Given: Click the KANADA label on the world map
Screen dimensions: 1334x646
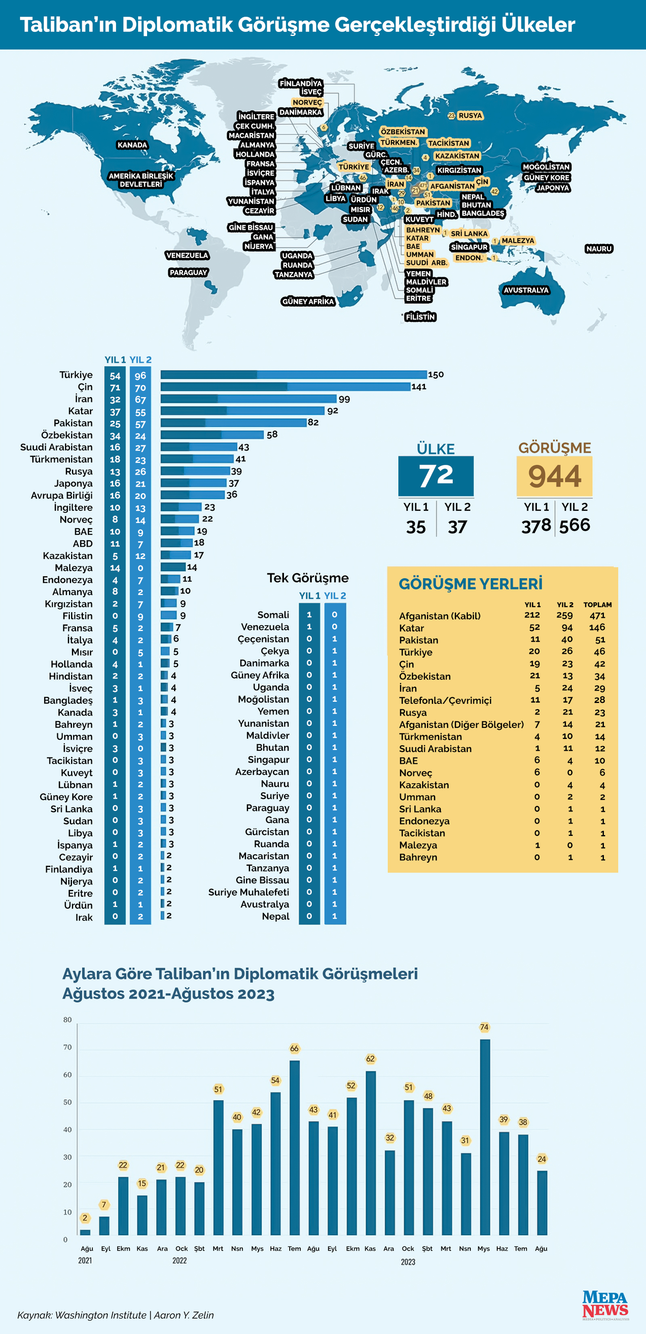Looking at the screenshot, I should (132, 145).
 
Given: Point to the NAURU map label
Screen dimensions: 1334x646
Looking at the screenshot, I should (599, 249).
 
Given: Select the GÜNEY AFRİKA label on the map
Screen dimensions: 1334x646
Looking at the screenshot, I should (308, 302).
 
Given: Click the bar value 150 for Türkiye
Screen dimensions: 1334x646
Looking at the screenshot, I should (436, 374).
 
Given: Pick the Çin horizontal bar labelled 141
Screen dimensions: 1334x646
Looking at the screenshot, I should (285, 386).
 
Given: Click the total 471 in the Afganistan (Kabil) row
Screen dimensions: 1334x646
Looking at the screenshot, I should (598, 615).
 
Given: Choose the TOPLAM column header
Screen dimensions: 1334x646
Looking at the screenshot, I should (598, 605).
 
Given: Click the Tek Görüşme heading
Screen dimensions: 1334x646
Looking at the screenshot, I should (307, 578).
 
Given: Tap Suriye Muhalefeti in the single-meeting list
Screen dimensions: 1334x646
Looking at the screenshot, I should (248, 892).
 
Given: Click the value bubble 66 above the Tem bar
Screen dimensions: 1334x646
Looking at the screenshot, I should (295, 1049).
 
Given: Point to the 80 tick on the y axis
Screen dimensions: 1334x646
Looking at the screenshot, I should (67, 1020).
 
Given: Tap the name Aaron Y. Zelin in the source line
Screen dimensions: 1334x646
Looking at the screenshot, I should (184, 1315).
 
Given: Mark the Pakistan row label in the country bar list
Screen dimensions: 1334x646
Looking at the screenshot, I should (73, 423).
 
